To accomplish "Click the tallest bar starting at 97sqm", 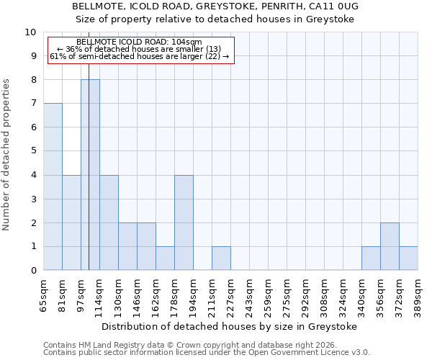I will click(x=90, y=175).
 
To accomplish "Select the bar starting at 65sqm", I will click(x=53, y=186).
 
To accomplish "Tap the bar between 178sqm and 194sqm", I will click(x=184, y=222).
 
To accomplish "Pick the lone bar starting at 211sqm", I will click(x=221, y=258).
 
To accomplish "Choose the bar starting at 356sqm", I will click(x=390, y=246).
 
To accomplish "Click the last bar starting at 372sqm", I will click(x=408, y=258).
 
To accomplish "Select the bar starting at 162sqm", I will click(x=165, y=258).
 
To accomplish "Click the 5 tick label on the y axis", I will click(x=33, y=151).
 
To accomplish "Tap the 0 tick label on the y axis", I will click(x=33, y=271).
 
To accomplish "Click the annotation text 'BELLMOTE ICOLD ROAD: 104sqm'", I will click(x=139, y=43).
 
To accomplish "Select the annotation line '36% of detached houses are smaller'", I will click(x=139, y=50).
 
